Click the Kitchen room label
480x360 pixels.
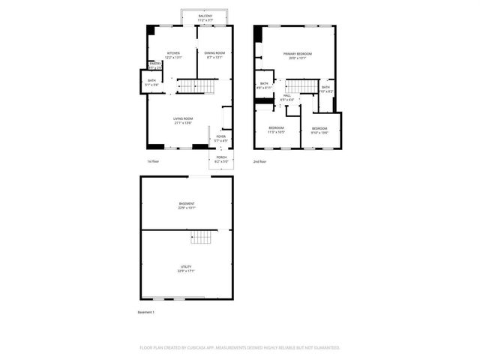[173, 54]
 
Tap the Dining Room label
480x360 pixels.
[214, 54]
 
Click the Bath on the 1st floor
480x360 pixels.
[151, 82]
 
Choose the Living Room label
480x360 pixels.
[183, 120]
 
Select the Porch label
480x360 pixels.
[220, 160]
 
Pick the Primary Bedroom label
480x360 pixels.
[298, 55]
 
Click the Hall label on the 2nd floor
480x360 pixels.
[286, 97]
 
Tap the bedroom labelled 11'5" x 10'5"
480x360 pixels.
[276, 130]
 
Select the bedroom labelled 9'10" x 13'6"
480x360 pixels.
[319, 130]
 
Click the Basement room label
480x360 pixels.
[187, 205]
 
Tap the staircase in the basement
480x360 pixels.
[201, 238]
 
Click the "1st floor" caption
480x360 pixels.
[153, 161]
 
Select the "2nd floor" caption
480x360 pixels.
[259, 161]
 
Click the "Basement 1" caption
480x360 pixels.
[145, 312]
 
